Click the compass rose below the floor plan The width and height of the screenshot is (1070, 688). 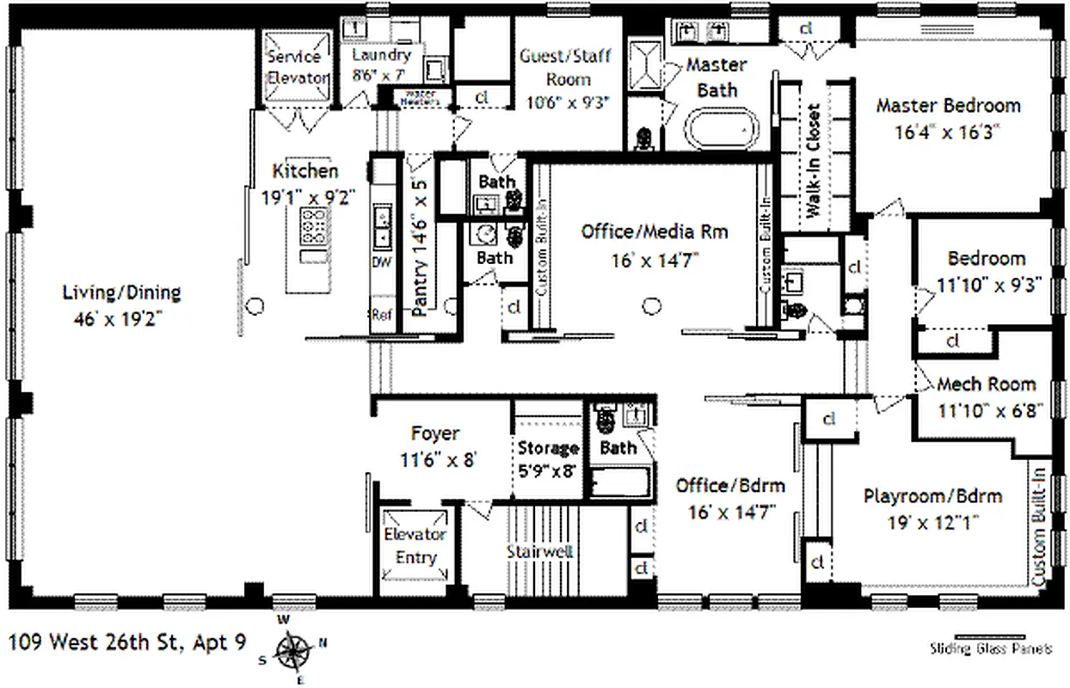pos(295,651)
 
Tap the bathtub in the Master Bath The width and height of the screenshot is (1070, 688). pos(723,130)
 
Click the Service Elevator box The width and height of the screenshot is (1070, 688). pos(297,68)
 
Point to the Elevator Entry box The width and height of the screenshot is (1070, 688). pos(415,546)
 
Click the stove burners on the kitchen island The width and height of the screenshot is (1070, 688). pos(311,227)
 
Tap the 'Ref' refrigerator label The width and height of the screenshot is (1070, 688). pos(381,315)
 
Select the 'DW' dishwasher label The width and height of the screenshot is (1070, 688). pos(381,261)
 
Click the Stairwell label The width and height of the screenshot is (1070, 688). pos(539,551)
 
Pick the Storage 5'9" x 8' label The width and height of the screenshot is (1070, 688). pos(549,458)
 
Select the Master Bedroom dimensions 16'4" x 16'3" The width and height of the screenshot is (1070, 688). pos(948,132)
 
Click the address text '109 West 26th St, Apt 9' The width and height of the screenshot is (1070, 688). pos(127,641)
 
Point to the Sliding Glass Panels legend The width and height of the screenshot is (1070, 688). pos(991,647)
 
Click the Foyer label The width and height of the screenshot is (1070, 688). pos(434,433)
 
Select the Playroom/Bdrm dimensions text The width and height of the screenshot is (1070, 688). pos(932,522)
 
